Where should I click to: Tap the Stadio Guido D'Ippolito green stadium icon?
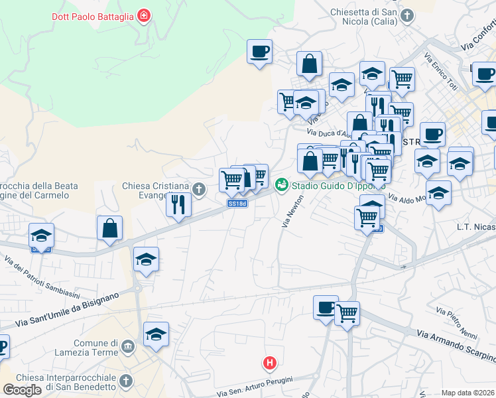pyautogui.click(x=282, y=184)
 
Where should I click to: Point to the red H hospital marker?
pyautogui.click(x=269, y=363)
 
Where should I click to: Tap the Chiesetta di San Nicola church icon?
pyautogui.click(x=407, y=15)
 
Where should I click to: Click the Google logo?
pyautogui.click(x=22, y=390)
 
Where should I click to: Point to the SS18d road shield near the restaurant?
pyautogui.click(x=237, y=204)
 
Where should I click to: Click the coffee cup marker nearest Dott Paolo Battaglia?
pyautogui.click(x=259, y=51)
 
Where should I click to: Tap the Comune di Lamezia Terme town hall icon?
pyautogui.click(x=128, y=346)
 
